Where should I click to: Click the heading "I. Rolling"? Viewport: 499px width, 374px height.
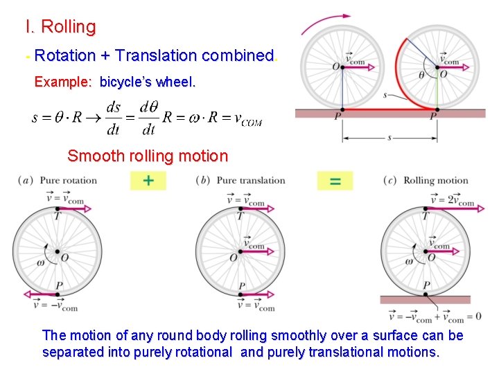[60, 28]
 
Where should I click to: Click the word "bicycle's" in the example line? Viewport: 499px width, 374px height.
[127, 82]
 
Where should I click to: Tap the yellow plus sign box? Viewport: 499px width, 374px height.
[148, 181]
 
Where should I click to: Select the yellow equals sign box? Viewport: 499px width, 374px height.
[335, 181]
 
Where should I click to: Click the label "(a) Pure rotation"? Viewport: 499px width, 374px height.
[59, 181]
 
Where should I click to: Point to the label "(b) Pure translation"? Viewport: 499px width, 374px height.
[240, 181]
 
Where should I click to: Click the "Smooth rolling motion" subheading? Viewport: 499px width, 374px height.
[148, 156]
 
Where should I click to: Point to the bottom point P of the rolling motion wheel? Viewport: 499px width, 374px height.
[426, 294]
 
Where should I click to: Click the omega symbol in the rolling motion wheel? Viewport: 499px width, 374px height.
[408, 261]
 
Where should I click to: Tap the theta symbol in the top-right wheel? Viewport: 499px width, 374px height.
[422, 75]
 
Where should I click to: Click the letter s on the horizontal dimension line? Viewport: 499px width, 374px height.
[389, 138]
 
